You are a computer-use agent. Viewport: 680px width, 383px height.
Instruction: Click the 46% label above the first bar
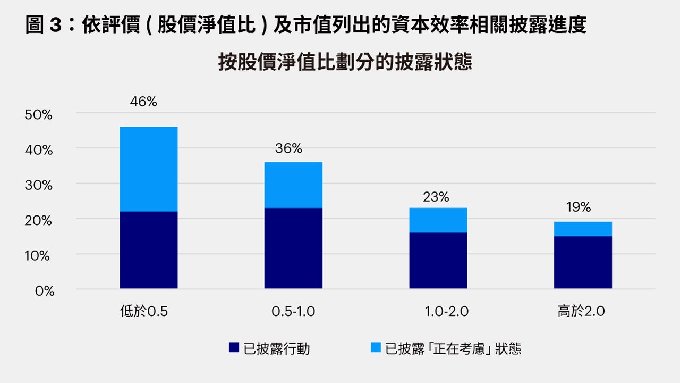143,102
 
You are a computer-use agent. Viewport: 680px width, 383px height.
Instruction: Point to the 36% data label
288,149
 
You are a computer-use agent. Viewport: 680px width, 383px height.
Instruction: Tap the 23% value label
436,197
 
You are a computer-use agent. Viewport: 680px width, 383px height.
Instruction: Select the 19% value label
578,207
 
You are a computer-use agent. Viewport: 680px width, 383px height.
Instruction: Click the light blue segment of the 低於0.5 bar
149,169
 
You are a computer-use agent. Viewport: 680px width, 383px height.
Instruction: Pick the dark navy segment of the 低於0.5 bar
149,250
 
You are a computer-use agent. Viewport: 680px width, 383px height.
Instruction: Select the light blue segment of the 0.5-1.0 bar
293,185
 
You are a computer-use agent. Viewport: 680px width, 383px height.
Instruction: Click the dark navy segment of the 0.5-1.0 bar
293,248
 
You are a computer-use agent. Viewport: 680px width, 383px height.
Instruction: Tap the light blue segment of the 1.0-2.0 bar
438,220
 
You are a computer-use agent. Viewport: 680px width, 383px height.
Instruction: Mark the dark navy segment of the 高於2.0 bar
583,262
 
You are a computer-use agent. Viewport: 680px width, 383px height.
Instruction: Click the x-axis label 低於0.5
144,312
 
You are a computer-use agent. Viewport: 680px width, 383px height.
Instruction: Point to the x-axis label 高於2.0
581,312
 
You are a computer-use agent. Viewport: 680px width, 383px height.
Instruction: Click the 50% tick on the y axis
39,115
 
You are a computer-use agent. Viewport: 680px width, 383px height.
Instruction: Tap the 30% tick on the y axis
39,185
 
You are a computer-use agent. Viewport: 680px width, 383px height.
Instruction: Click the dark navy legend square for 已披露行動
234,348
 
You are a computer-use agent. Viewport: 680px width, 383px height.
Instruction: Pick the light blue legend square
376,348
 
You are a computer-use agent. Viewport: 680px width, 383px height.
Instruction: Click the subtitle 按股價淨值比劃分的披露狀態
345,63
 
